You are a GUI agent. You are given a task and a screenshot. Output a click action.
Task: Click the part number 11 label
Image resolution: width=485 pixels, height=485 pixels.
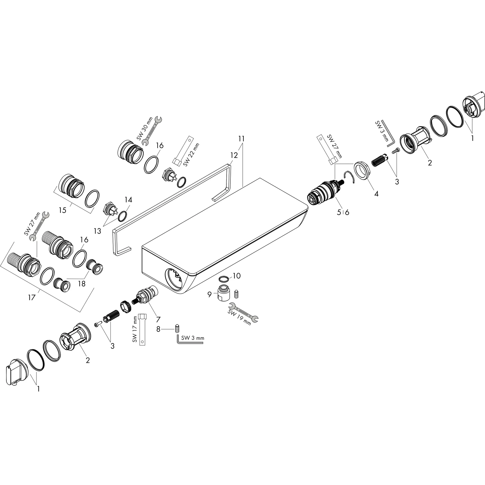tap(242, 139)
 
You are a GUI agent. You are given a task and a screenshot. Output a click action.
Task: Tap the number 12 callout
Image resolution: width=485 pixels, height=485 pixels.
tap(234, 155)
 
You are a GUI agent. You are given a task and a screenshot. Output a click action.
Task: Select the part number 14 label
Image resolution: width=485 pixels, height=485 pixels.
tap(128, 200)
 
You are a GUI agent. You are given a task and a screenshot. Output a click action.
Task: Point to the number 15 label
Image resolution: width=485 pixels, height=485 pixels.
tap(63, 210)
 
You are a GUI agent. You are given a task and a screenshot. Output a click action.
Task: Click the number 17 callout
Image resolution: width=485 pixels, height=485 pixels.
tap(32, 297)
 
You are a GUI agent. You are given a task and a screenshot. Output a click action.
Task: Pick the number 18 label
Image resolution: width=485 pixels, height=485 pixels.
tap(82, 284)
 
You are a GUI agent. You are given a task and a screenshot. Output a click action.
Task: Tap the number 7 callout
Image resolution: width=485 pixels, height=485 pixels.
tap(158, 319)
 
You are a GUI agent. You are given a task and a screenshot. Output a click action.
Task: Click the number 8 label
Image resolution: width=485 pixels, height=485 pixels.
tap(158, 329)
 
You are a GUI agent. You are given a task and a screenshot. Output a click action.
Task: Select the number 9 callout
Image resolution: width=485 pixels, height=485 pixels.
tap(210, 294)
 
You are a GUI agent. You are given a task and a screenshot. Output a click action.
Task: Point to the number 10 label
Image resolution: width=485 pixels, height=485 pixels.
tap(237, 276)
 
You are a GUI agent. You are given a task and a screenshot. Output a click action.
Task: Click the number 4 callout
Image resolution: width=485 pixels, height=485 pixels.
tap(376, 193)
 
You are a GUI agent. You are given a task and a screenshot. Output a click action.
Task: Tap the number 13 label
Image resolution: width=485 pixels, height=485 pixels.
tap(97, 231)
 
